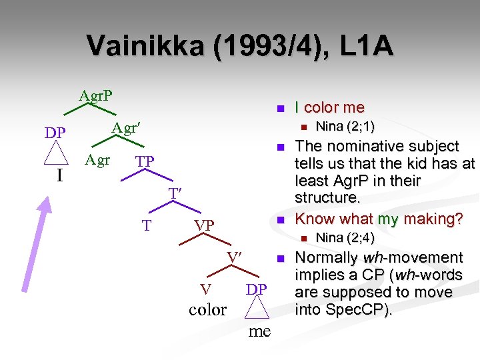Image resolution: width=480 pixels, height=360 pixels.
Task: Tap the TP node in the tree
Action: (x=145, y=162)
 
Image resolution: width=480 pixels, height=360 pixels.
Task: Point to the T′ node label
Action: (x=175, y=193)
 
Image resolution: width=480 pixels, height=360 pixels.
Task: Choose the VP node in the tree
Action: (x=204, y=226)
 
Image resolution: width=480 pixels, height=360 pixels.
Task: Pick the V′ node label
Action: (x=233, y=257)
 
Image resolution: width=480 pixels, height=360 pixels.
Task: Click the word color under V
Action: (x=207, y=309)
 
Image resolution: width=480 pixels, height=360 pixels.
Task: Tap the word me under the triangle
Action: (x=259, y=331)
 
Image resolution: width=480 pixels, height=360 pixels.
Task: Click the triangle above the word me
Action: (x=257, y=307)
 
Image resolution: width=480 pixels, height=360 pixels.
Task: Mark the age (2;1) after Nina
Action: (x=359, y=126)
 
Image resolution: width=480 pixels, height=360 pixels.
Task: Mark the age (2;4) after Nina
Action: (x=359, y=237)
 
